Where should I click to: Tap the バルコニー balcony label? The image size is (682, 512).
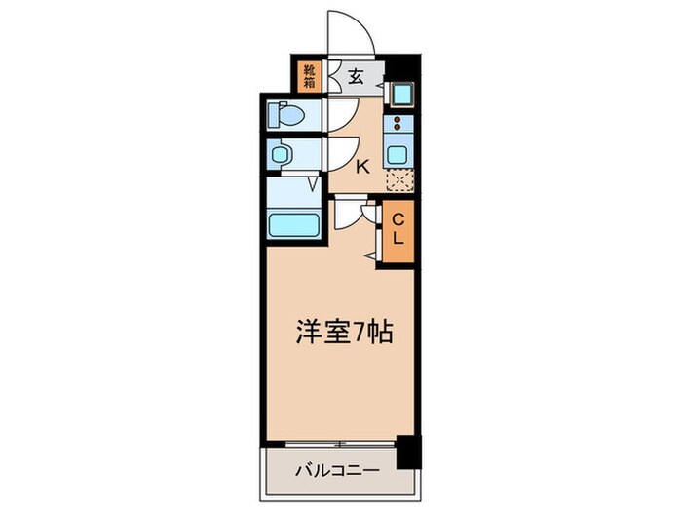pos(337,471)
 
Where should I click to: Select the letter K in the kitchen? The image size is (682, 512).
pos(362,167)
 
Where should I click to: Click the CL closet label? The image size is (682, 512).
pos(398,231)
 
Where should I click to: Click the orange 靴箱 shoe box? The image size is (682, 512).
pos(309,75)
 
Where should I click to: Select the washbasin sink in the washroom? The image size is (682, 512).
pos(281,155)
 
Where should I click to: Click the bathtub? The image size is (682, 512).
pos(294,225)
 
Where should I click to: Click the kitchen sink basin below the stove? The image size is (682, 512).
pos(398,152)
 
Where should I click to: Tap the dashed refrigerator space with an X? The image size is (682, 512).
pos(398,178)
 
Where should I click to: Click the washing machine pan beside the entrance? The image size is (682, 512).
pos(400,95)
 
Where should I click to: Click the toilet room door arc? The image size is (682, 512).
pos(339,115)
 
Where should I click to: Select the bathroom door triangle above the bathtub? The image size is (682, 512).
pos(314,182)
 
